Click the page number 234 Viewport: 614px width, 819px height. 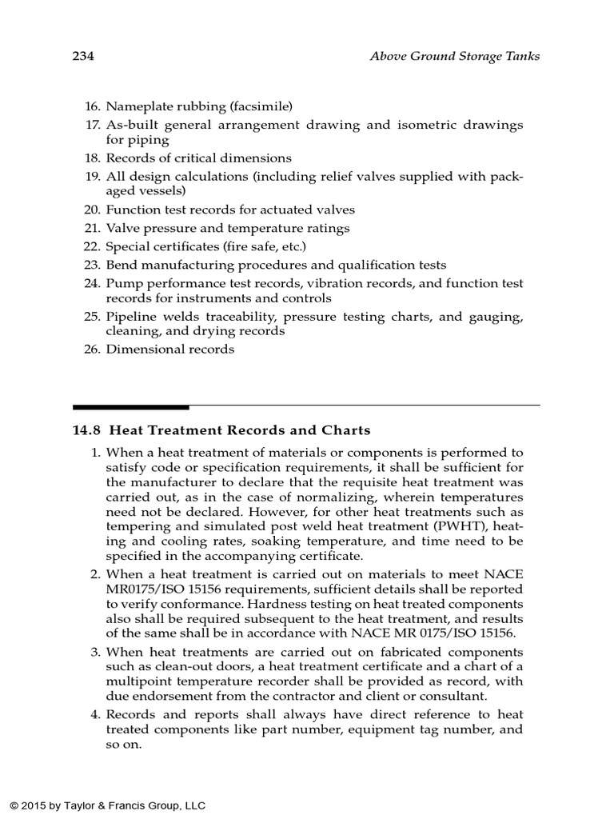point(83,56)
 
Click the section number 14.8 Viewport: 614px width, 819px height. point(86,430)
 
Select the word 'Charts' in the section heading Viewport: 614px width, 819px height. point(346,430)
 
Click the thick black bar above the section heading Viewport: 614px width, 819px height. point(131,407)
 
